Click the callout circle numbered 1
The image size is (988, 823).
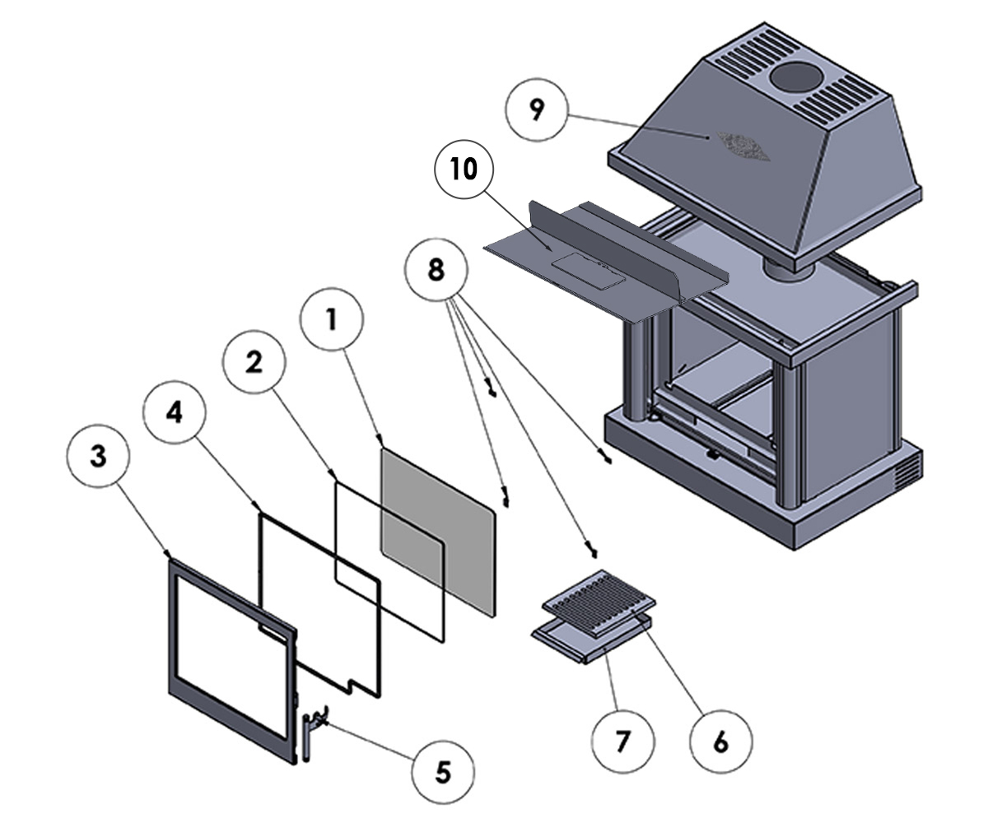(x=331, y=321)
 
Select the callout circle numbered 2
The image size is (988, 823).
(x=254, y=362)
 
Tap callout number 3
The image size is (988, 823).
(x=99, y=458)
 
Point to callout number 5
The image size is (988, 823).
(x=443, y=771)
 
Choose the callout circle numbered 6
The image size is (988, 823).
(x=720, y=742)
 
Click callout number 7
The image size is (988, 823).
(x=623, y=742)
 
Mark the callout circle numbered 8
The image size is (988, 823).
(x=436, y=269)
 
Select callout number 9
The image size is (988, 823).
(x=537, y=110)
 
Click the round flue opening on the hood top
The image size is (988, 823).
(x=798, y=79)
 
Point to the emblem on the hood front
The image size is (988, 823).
(x=744, y=145)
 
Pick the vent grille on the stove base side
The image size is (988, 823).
(x=906, y=472)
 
